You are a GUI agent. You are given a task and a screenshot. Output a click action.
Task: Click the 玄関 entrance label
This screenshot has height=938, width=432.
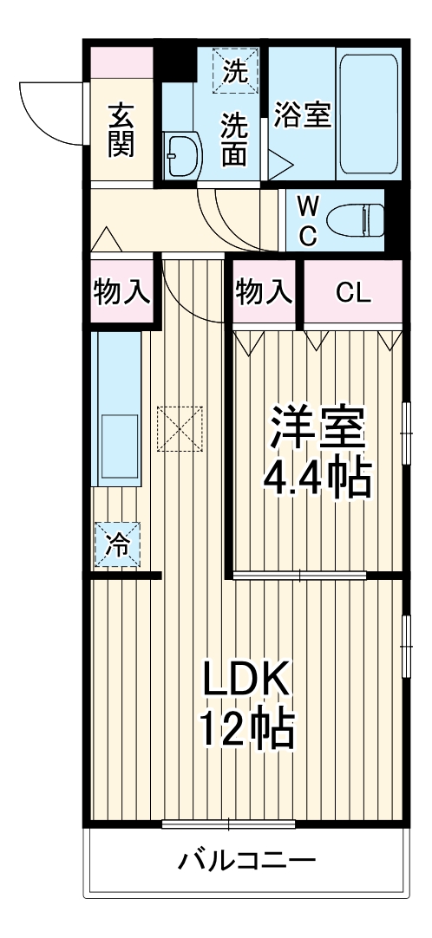(121, 130)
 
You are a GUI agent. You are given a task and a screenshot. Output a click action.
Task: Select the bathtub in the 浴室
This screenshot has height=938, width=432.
(369, 114)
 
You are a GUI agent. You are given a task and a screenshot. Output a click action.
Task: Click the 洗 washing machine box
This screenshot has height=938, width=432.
(235, 71)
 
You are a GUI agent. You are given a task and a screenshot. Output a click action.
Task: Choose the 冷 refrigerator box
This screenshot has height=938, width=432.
(117, 544)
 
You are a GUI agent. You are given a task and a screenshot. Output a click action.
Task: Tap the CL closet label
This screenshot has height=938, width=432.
(353, 292)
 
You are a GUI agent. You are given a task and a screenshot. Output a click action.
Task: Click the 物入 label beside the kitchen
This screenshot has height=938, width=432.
(121, 292)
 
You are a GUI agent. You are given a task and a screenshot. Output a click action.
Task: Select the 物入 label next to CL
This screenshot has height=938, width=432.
(263, 292)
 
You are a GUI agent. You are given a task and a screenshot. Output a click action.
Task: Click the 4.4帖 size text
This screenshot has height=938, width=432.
(317, 479)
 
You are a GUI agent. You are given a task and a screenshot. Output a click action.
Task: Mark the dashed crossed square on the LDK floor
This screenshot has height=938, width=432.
(180, 428)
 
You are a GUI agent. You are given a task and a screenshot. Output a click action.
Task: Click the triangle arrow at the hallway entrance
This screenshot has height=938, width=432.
(107, 240)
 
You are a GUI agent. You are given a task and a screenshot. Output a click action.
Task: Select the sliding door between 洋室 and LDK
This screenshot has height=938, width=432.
(299, 576)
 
